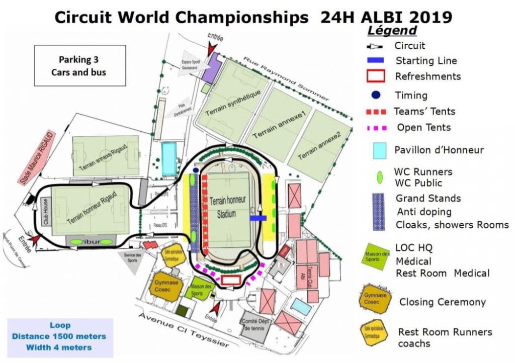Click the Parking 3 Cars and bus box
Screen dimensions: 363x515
pyautogui.click(x=79, y=65)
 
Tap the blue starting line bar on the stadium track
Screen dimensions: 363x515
pyautogui.click(x=258, y=218)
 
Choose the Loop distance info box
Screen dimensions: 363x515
pyautogui.click(x=61, y=336)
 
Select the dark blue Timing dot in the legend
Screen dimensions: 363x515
pyautogui.click(x=376, y=95)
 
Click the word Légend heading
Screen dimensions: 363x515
pyautogui.click(x=393, y=31)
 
